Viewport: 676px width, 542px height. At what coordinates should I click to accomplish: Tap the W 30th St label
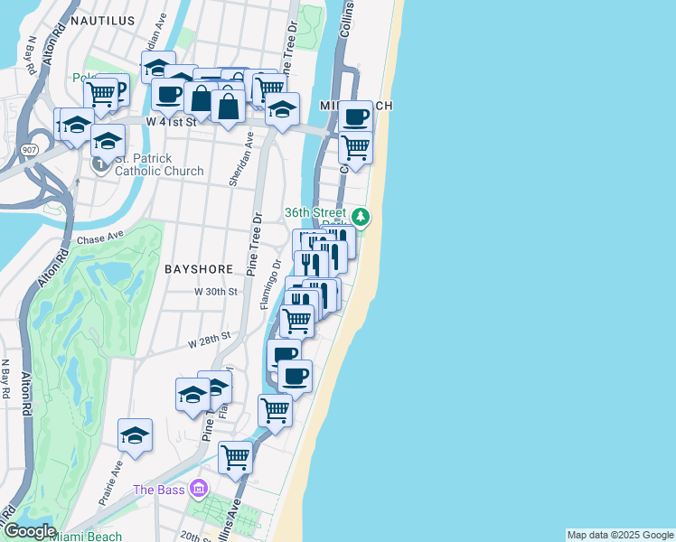[216, 292]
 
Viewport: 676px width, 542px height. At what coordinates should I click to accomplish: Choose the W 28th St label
[210, 341]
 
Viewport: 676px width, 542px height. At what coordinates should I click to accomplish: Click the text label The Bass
[159, 490]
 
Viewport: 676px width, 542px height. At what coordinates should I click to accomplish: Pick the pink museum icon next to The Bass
[199, 491]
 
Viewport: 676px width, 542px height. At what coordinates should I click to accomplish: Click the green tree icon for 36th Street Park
[361, 216]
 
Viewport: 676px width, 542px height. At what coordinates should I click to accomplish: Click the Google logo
[30, 531]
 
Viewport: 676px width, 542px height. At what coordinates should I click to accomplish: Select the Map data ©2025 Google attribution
[620, 535]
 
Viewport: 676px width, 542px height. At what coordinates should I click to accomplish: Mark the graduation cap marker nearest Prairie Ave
[135, 435]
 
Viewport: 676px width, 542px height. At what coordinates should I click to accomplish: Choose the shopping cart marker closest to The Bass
[235, 457]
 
